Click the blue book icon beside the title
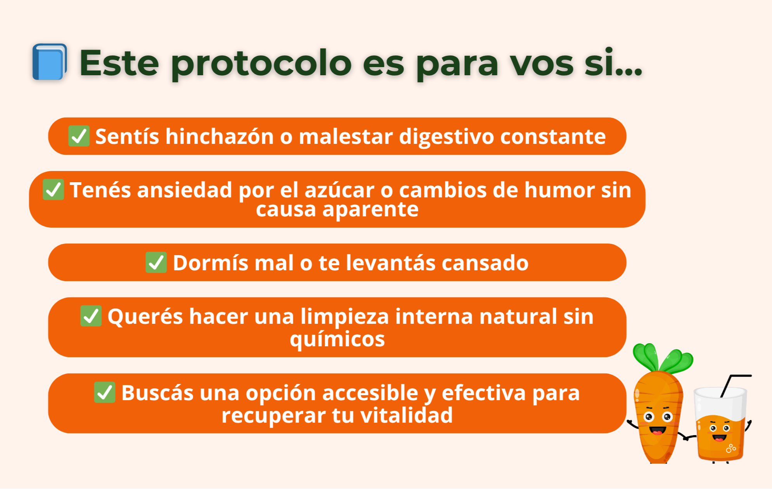49,62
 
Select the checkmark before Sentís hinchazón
79,136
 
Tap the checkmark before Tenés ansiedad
53,190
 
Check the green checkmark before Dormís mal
156,262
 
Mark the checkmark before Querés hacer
91,316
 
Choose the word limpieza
344,317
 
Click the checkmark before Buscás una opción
104,392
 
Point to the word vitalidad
407,415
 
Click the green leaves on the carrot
663,358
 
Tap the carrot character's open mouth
658,430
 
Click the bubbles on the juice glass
731,448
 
